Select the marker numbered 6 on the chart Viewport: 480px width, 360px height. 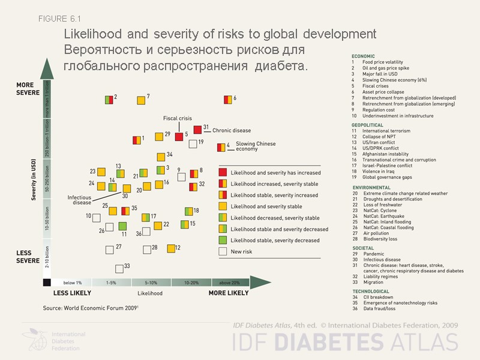[228, 100]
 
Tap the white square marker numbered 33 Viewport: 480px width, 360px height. [119, 268]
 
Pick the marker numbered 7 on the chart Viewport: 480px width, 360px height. [141, 100]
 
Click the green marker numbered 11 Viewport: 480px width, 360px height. [122, 226]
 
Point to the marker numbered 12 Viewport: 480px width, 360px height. [170, 248]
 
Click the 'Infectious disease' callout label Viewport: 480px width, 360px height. [79, 200]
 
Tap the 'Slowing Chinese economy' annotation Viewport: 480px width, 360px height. [256, 146]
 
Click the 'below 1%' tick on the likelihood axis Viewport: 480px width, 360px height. [72, 282]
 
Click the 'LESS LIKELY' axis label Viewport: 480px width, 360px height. [72, 293]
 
